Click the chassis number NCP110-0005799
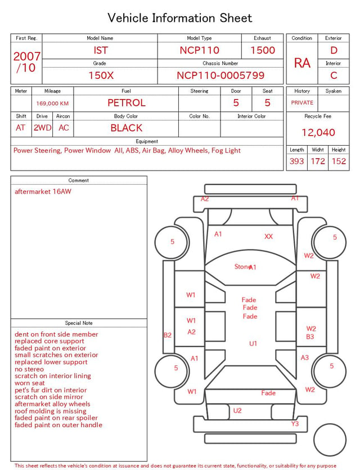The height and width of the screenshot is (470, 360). coord(220,75)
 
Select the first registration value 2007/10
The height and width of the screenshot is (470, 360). coord(26,62)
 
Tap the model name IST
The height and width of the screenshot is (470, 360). coord(101,50)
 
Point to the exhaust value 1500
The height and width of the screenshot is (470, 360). coord(263,50)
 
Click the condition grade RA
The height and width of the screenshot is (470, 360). coord(302,63)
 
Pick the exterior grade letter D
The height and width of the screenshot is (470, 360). coord(334,50)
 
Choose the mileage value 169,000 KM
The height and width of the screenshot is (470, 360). coord(52,104)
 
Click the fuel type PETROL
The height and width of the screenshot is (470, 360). coord(127,103)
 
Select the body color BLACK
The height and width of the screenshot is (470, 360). coord(127,128)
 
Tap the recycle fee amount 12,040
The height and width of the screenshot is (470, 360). coord(318,132)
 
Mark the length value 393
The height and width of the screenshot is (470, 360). coord(297,161)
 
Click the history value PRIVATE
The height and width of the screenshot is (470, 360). coord(302,102)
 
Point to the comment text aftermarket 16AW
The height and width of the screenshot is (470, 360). coord(43,191)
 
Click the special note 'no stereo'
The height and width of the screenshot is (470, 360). coord(29,369)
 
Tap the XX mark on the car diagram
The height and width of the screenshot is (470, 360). coord(269,236)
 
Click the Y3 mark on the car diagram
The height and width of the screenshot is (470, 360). coord(295,423)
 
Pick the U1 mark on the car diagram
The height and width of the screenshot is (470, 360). coord(253,343)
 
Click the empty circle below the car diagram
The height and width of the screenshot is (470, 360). coord(330,440)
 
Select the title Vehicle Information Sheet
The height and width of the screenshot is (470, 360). coord(179,18)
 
